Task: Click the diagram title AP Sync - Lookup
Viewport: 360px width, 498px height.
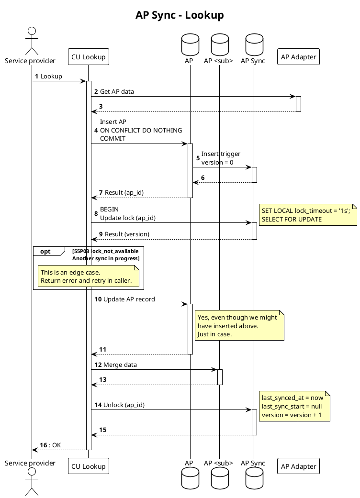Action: coord(180,15)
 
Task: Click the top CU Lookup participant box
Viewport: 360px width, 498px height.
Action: coord(88,57)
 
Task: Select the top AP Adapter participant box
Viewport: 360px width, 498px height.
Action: coord(298,57)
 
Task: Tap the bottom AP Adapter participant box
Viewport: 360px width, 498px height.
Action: coord(298,466)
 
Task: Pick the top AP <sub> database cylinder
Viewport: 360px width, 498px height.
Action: coord(219,44)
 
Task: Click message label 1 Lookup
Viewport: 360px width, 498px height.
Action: coord(49,76)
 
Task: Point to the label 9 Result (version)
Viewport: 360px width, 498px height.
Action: coord(124,234)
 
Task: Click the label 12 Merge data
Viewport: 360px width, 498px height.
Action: coord(115,365)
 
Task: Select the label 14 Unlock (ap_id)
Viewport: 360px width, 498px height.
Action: coord(119,405)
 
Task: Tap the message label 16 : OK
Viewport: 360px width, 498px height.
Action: coord(50,445)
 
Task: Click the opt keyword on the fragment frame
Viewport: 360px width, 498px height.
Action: coord(45,252)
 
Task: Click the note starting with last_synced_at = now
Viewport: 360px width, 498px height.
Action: coord(294,406)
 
